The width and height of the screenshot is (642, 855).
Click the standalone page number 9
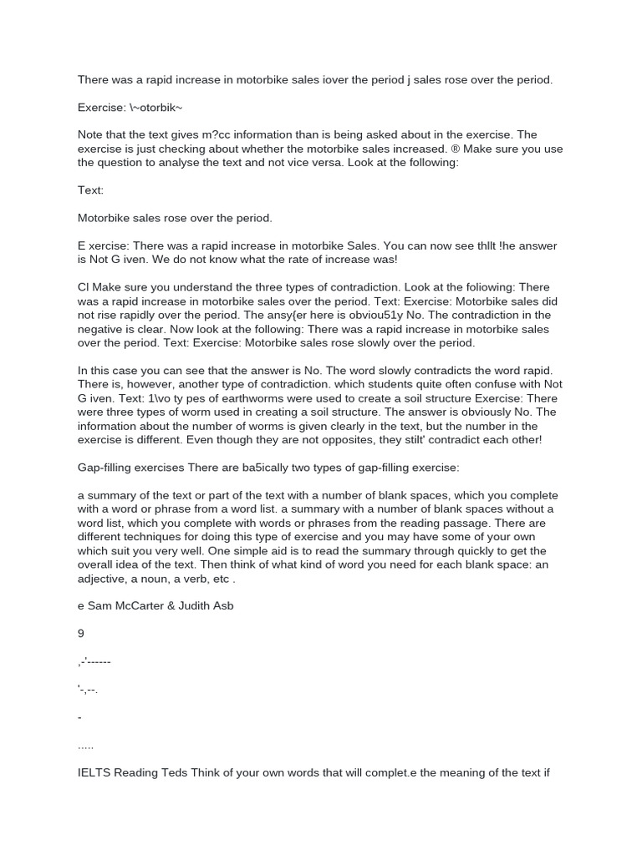[81, 634]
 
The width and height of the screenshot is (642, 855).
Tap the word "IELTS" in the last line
[94, 772]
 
